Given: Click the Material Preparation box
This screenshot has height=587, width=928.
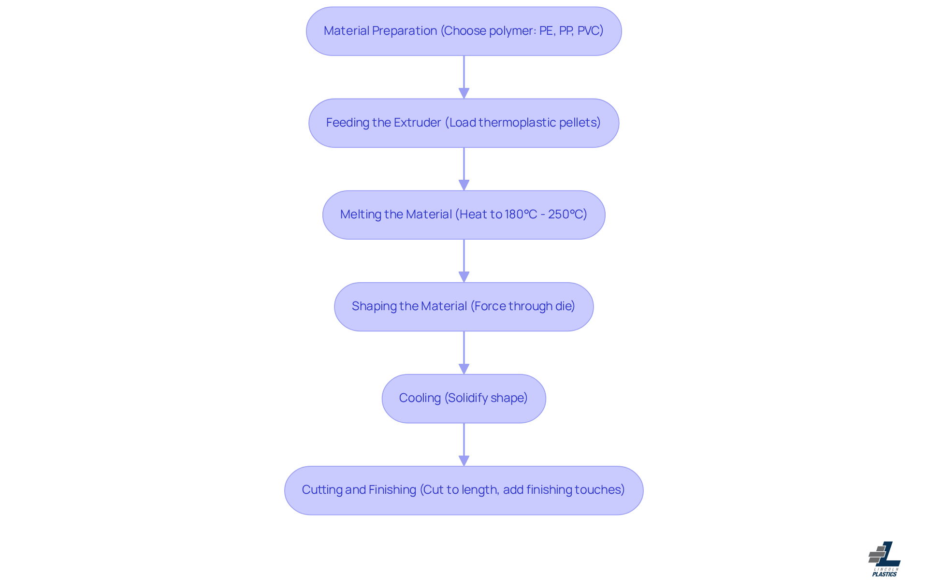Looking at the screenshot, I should pos(464,31).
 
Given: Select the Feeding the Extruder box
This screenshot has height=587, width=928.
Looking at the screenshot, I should pos(464,123).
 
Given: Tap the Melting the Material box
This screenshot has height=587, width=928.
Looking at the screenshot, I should pos(464,215).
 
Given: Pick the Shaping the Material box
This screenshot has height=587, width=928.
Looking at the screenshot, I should pos(464,306).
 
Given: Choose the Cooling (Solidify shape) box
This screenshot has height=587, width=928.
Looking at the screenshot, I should pos(464,398).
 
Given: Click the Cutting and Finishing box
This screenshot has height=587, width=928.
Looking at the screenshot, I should pos(464,490).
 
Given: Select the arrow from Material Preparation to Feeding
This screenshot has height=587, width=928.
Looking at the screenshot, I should pos(464,77).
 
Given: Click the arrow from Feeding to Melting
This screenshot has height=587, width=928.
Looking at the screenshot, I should pos(464,169).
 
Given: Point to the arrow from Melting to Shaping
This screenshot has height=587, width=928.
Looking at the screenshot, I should pos(464,260).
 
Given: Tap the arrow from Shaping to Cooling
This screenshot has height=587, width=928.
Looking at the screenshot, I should pos(464,352).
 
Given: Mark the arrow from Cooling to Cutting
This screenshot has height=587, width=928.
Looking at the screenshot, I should pos(464,444).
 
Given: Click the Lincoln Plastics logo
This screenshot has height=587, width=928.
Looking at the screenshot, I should pos(884,559).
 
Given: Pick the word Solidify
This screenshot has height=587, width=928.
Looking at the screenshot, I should pos(468,398).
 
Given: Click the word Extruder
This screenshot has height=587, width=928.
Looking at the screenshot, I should pos(417,123).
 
